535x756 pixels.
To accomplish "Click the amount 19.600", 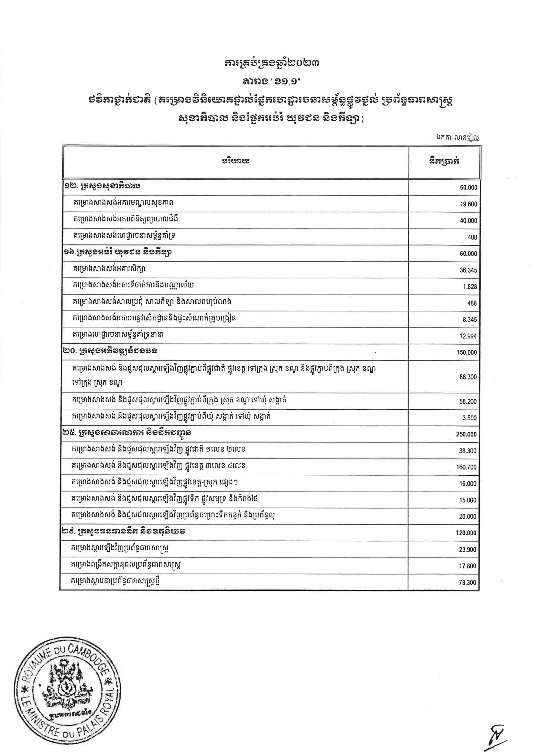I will click(x=468, y=204).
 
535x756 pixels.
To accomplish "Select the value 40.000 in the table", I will click(x=468, y=221).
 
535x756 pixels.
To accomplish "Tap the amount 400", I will click(x=472, y=237).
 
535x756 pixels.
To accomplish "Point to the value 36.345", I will click(x=468, y=270).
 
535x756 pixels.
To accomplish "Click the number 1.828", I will click(x=469, y=287).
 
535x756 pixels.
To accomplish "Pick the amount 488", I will click(x=472, y=303).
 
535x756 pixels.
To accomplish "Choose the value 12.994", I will click(x=468, y=336).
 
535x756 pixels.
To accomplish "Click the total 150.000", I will click(x=466, y=353).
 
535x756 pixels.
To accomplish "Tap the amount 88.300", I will click(x=468, y=377).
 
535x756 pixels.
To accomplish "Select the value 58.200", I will click(x=468, y=402).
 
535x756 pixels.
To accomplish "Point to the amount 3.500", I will click(x=469, y=418).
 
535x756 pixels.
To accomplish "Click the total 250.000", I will click(x=466, y=435).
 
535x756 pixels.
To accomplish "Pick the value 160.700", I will click(x=466, y=467).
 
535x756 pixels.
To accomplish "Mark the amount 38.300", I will click(x=468, y=451).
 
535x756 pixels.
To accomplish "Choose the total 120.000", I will click(x=466, y=533).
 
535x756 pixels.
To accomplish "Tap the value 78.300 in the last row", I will click(x=467, y=582).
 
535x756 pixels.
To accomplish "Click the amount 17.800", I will click(x=467, y=566).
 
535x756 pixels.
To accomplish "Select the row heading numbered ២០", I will click(x=110, y=351).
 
